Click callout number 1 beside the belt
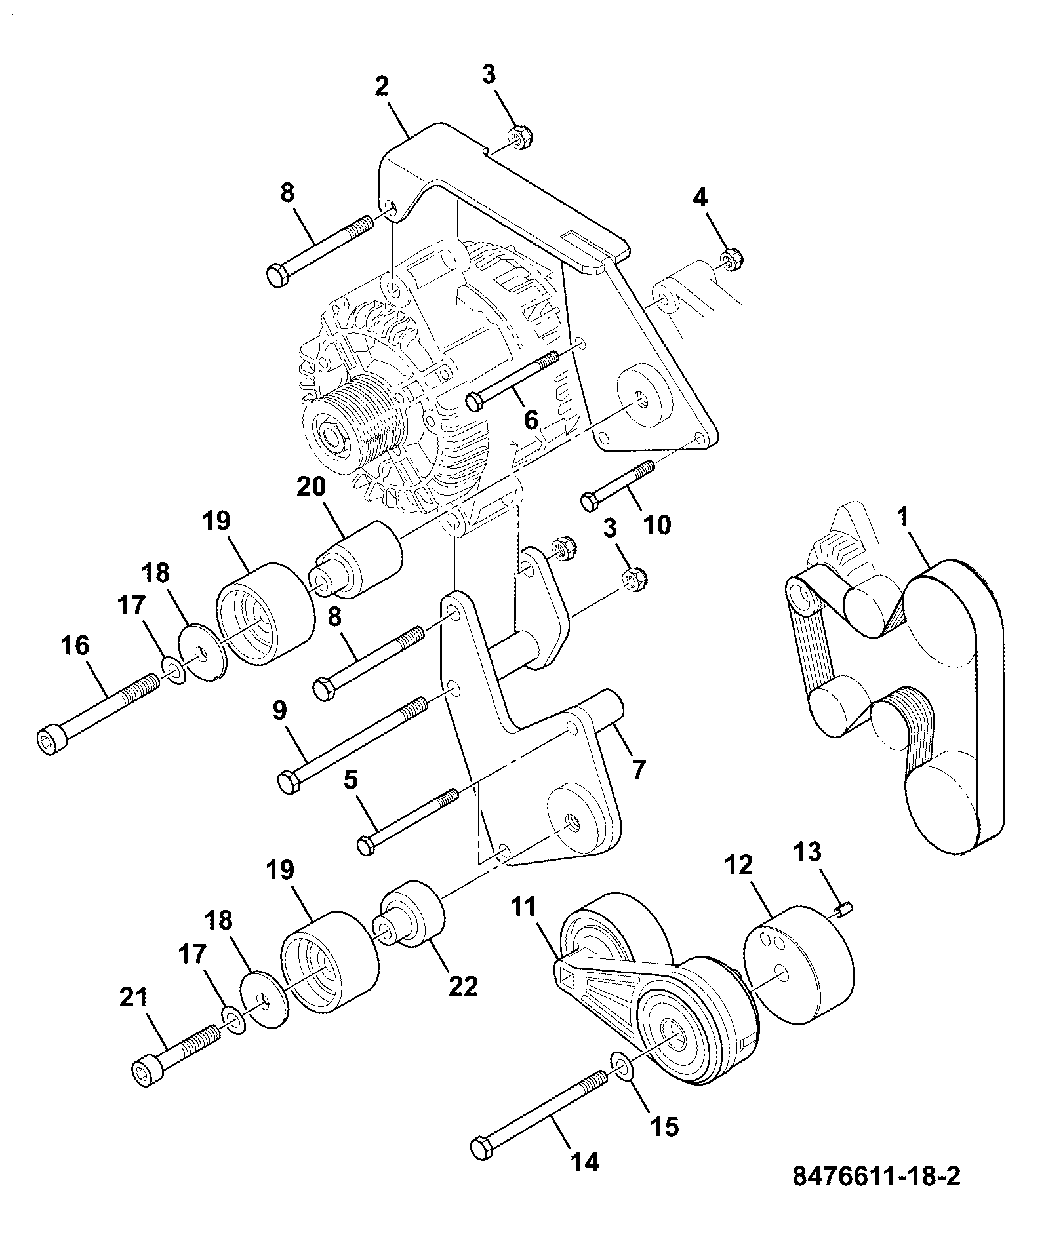[x=904, y=517]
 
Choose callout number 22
[x=463, y=987]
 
